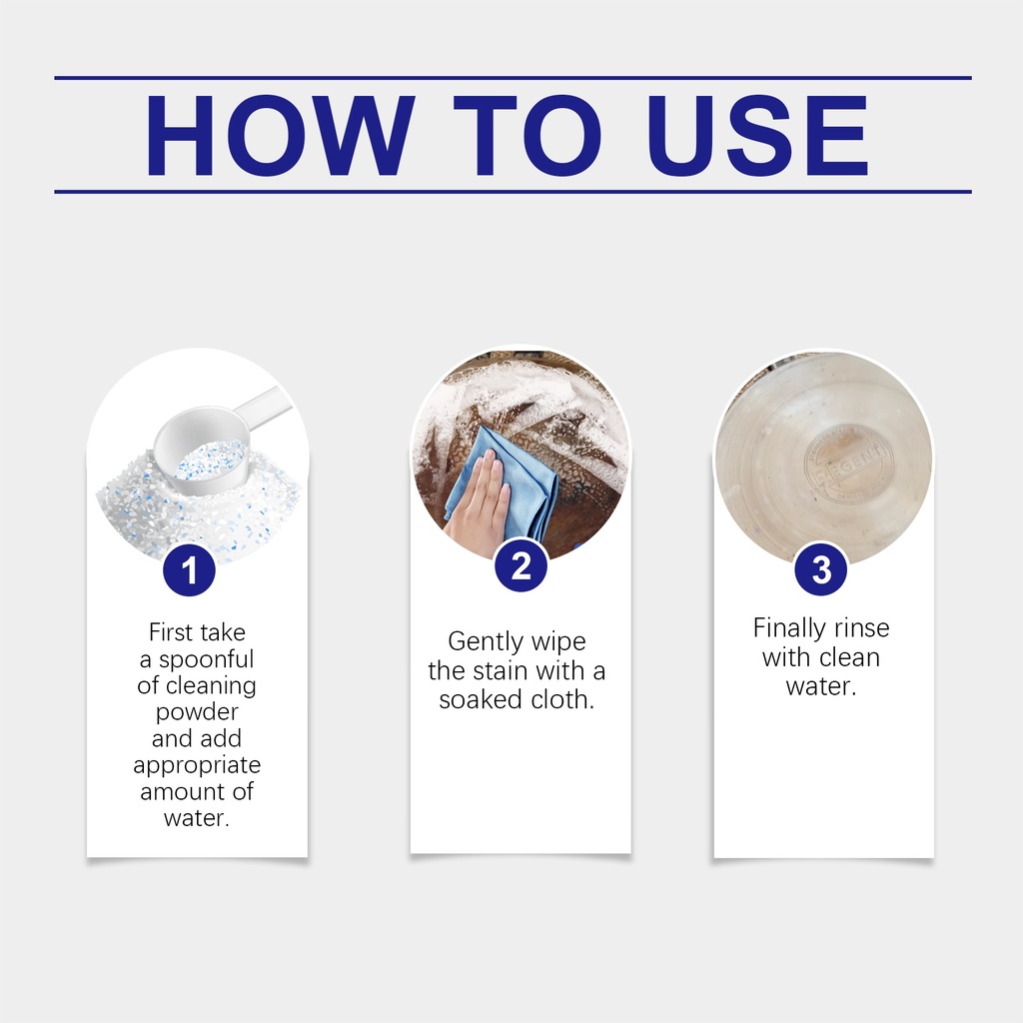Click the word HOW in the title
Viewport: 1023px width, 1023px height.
click(x=280, y=135)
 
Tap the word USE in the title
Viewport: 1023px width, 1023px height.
click(x=757, y=135)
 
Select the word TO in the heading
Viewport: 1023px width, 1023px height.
click(x=525, y=135)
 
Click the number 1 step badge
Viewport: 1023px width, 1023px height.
click(x=189, y=569)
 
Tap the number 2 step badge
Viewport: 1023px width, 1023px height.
click(x=520, y=565)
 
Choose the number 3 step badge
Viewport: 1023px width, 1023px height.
click(x=821, y=568)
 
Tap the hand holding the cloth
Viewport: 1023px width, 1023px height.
click(x=478, y=507)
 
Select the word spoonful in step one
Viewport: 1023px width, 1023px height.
click(x=206, y=660)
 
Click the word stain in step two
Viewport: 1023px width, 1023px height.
click(x=499, y=670)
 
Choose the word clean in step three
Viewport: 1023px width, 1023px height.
click(x=847, y=657)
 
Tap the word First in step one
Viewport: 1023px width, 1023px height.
click(x=171, y=632)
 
